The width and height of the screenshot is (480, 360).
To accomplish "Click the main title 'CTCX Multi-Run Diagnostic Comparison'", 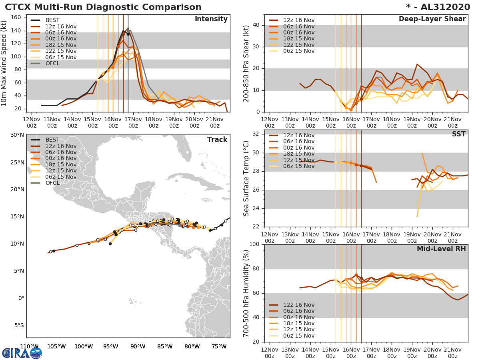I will coord(103,7).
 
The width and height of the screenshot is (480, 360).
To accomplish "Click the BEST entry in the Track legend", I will coord(53,140).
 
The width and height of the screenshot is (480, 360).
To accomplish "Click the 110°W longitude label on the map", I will coord(29,346).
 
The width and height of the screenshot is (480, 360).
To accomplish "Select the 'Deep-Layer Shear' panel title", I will coord(432,19).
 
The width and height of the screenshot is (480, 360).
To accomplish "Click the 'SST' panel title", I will coord(459,134).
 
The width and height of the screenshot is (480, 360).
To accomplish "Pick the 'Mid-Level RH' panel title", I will coord(441,249).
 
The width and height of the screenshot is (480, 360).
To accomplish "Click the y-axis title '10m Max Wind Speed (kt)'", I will coord(4,63).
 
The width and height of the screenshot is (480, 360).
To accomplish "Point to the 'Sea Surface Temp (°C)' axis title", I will coord(246,178).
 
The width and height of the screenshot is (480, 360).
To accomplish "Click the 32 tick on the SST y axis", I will coord(258,134).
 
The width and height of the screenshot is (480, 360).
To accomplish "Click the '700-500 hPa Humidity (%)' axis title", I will coord(246,293).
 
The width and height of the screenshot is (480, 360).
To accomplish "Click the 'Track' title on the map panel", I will coord(217,140).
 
